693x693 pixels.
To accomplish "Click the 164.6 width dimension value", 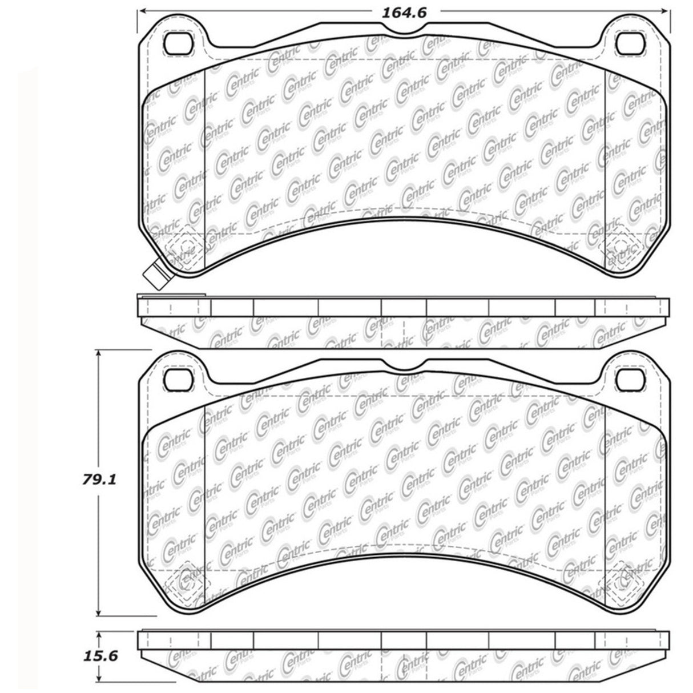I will point(405,11).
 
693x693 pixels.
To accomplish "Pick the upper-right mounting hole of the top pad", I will point(629,42).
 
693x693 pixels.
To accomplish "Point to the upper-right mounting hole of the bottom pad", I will point(629,376).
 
